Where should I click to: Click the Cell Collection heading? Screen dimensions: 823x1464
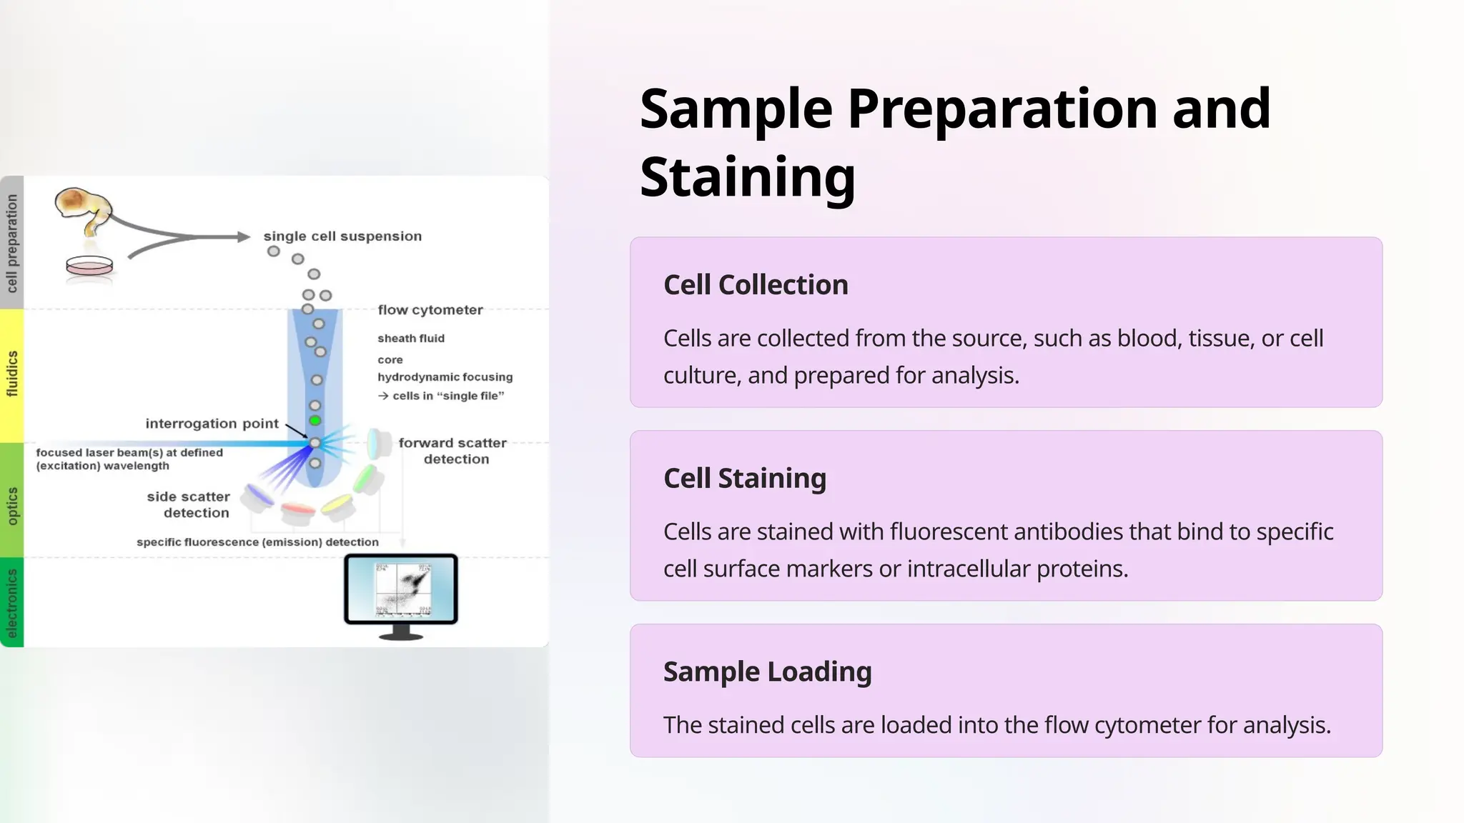[756, 285]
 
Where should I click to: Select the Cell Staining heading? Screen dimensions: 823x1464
[744, 478]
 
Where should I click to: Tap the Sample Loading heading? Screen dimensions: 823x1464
[767, 672]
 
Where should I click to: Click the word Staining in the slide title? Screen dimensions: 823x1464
[747, 176]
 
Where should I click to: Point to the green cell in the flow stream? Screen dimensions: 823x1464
[315, 420]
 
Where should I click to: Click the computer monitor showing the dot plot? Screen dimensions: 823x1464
[401, 590]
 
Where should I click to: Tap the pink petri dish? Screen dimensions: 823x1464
[89, 266]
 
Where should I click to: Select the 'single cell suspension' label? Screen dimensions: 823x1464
[342, 236]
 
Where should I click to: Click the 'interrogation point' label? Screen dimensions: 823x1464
[212, 424]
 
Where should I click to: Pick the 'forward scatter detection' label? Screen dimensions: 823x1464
[452, 451]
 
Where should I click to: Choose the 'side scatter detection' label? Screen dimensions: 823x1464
[189, 504]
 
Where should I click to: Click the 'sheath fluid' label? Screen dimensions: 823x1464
[411, 339]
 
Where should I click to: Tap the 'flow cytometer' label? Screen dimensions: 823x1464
[430, 310]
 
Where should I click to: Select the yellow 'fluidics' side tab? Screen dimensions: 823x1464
[12, 374]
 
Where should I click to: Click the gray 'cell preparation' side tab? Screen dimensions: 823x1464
[12, 243]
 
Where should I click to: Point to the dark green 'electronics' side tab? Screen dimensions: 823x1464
[12, 602]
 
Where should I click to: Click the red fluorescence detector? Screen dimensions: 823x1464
[298, 512]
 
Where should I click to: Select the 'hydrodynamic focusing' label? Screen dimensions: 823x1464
[445, 377]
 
